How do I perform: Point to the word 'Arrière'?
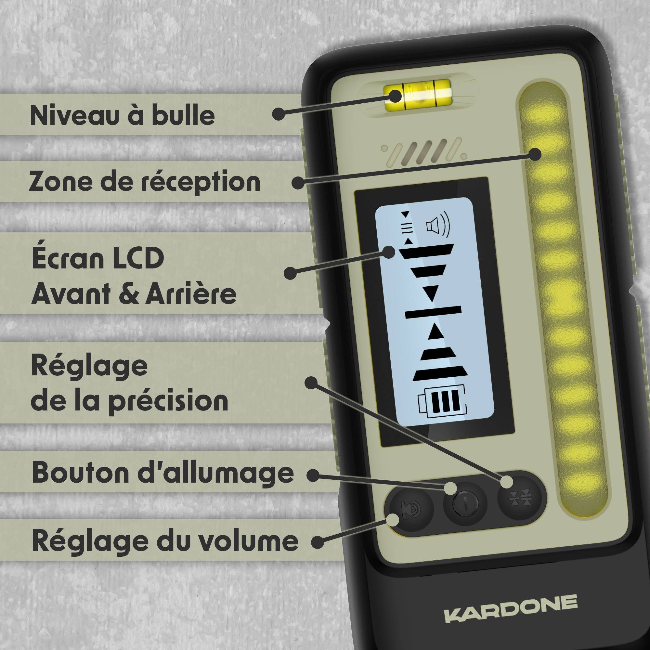[x=191, y=294]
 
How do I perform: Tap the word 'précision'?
[x=168, y=401]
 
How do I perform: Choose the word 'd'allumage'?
[x=216, y=473]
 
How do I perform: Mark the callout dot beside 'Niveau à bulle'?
[x=278, y=114]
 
